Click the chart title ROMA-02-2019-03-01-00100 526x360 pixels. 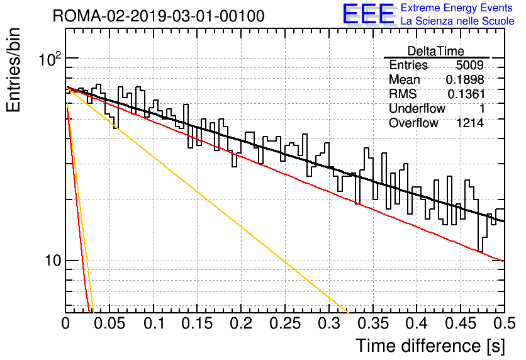click(x=159, y=16)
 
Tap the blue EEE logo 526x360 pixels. click(x=369, y=14)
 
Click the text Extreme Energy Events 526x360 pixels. click(x=457, y=8)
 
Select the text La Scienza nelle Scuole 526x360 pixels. click(x=457, y=21)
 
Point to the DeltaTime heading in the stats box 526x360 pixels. click(x=436, y=51)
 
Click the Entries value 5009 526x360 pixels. click(x=469, y=65)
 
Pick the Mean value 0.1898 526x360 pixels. click(x=465, y=79)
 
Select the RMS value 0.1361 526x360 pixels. click(x=466, y=94)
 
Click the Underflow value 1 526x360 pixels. click(x=482, y=108)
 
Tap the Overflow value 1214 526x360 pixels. click(x=470, y=123)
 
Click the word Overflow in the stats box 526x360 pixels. click(x=413, y=123)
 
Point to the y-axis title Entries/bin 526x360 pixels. click(x=13, y=70)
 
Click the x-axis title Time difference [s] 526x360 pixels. click(x=430, y=346)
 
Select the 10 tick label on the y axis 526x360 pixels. click(x=53, y=261)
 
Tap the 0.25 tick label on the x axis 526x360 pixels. click(x=285, y=323)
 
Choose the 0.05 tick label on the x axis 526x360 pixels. click(x=109, y=323)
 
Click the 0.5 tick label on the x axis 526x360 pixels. click(x=504, y=323)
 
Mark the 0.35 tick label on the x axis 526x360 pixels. click(x=373, y=323)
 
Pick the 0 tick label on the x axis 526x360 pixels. click(x=65, y=323)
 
